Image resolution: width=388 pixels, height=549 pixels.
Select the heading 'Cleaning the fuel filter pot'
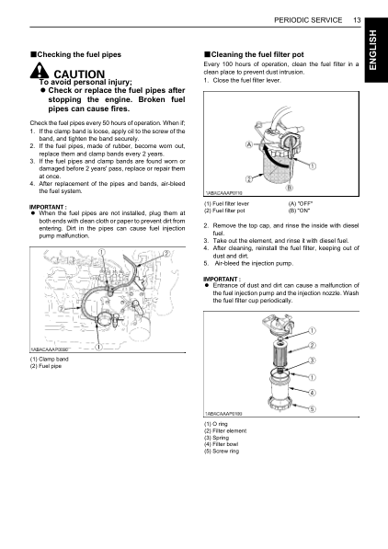[x=253, y=55]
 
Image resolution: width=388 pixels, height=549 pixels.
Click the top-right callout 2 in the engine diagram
[x=166, y=254]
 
